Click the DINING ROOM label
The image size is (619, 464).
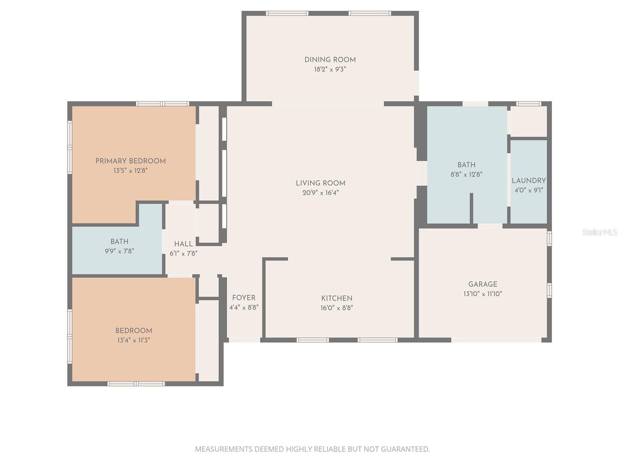click(x=330, y=60)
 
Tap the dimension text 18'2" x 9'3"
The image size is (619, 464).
click(x=330, y=70)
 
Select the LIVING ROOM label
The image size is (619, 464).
click(x=320, y=183)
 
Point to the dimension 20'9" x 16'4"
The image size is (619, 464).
click(x=320, y=193)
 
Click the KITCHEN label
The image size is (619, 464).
click(x=337, y=298)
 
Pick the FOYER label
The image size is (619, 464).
click(x=244, y=298)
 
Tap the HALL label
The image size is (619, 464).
click(x=183, y=244)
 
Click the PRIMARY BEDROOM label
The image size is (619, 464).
click(x=130, y=161)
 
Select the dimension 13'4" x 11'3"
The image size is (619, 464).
click(x=133, y=340)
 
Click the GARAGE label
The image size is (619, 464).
click(x=482, y=284)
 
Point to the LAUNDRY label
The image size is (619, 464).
click(x=528, y=181)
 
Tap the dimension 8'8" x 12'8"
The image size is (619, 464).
click(x=466, y=174)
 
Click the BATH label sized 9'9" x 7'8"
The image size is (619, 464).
click(x=119, y=242)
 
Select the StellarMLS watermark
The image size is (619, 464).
click(x=600, y=232)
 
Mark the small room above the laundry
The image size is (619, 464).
click(x=528, y=121)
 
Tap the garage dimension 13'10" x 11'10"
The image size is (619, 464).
click(x=482, y=294)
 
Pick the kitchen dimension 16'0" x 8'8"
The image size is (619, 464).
click(x=337, y=308)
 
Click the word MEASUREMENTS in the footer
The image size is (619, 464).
click(x=224, y=449)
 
